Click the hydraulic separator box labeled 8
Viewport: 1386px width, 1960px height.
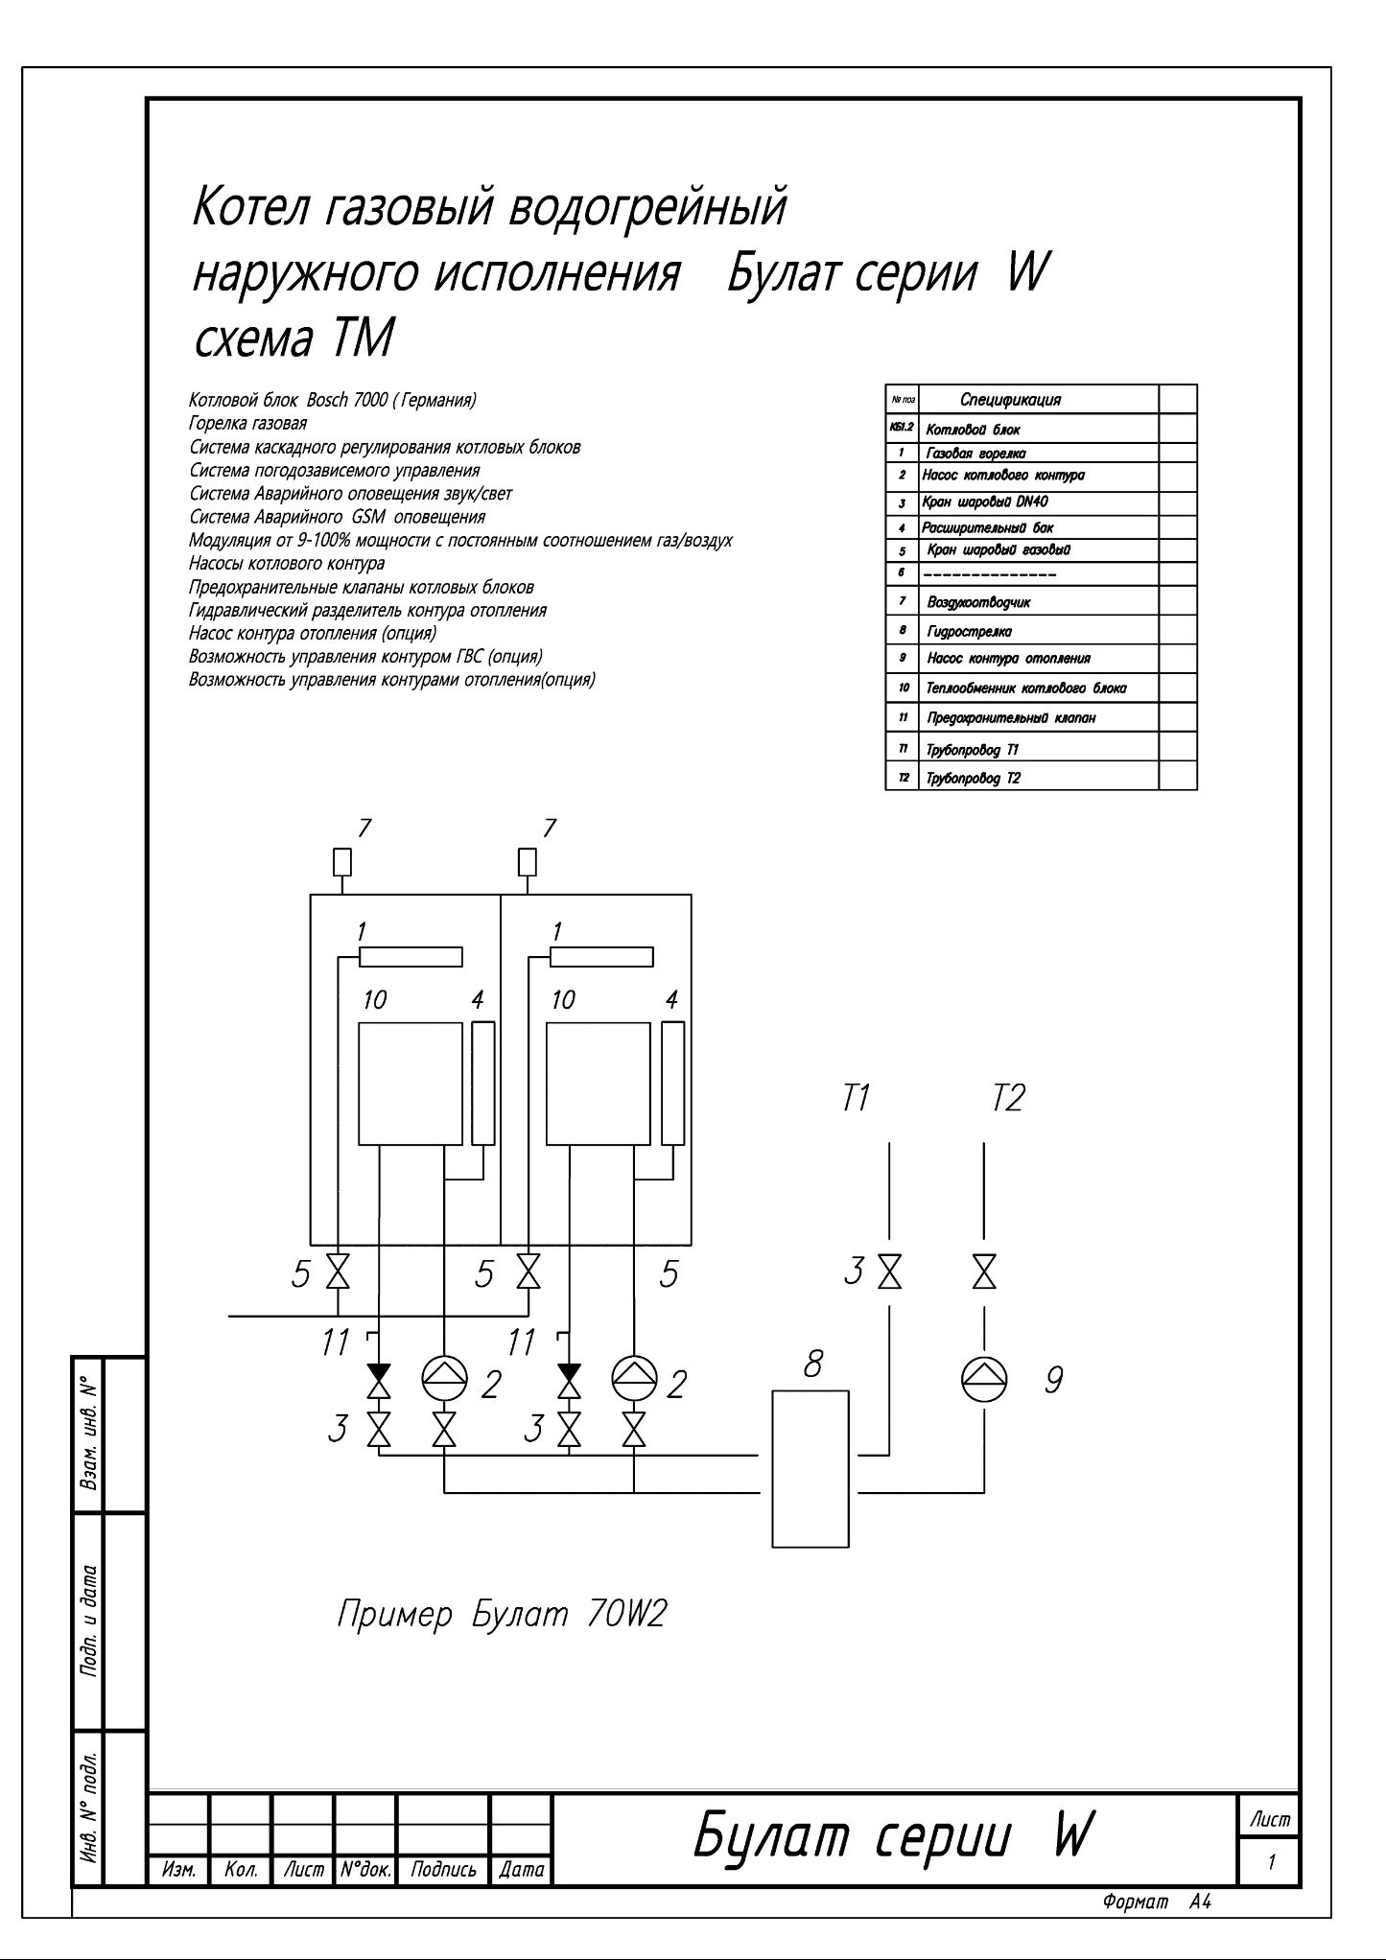click(810, 1467)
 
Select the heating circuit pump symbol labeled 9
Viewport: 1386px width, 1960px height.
click(984, 1379)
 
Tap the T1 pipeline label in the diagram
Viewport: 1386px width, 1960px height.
click(856, 1098)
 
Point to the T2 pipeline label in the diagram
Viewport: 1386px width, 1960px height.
click(1008, 1098)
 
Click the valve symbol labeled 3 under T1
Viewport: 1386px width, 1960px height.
click(889, 1272)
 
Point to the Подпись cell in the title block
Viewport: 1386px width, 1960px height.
click(443, 1870)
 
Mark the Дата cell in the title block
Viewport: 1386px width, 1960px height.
click(522, 1870)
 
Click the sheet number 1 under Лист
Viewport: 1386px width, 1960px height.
click(1271, 1862)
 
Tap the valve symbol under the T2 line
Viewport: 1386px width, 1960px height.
click(984, 1272)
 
